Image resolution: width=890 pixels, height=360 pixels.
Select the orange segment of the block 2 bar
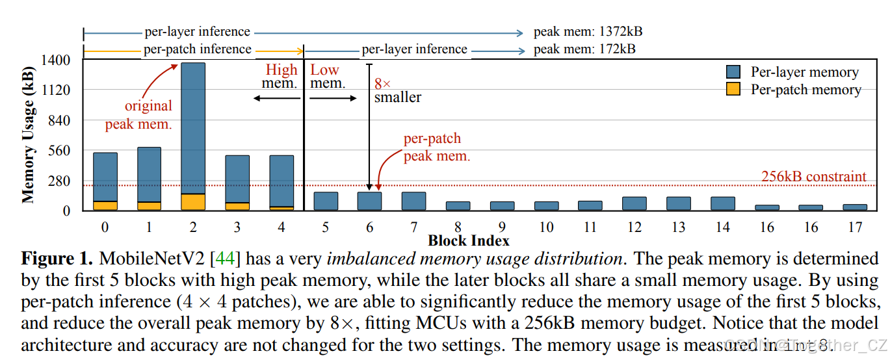[193, 202]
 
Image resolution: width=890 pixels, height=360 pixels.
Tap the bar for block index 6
[369, 201]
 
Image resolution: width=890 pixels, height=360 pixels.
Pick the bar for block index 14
[722, 203]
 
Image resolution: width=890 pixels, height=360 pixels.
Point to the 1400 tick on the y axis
[57, 60]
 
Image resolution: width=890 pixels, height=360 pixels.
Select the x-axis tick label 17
[855, 227]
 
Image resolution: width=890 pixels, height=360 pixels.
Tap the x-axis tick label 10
[546, 227]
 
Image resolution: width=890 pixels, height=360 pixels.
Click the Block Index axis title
[468, 241]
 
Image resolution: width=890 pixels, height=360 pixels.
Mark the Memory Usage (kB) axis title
[29, 135]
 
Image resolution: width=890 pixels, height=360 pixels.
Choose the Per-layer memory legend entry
[793, 72]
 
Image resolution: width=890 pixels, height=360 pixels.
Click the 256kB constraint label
[813, 177]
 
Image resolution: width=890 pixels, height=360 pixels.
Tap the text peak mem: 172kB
[584, 49]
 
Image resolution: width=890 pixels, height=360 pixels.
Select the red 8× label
[382, 84]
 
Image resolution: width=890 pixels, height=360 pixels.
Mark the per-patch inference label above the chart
[198, 49]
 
